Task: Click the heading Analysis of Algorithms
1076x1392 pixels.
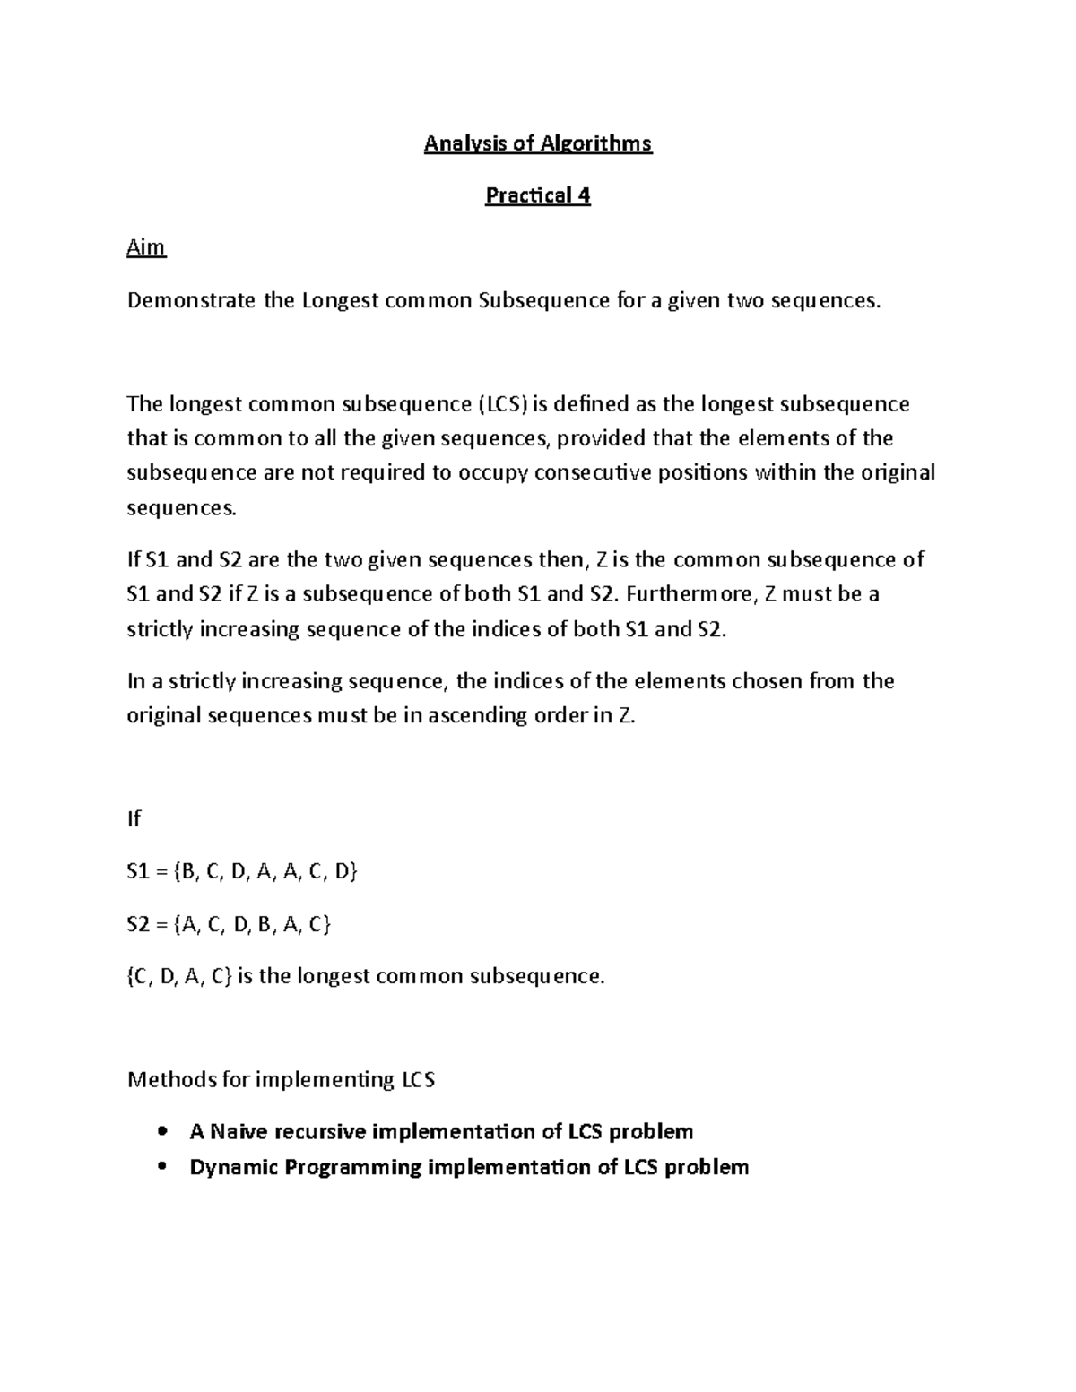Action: point(538,143)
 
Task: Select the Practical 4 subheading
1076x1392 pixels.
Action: point(538,195)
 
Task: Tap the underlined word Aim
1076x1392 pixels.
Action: point(146,247)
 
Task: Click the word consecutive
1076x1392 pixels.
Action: point(594,473)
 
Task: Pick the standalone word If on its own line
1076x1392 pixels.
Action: point(134,818)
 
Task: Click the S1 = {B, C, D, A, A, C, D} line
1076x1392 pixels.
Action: point(242,871)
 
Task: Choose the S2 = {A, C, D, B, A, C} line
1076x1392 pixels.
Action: point(230,924)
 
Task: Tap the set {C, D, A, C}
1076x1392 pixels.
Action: point(179,976)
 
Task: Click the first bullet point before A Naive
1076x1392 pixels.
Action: point(162,1132)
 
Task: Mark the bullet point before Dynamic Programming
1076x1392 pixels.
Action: point(162,1167)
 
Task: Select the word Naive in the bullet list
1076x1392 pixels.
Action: point(239,1132)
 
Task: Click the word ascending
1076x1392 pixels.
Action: point(481,716)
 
